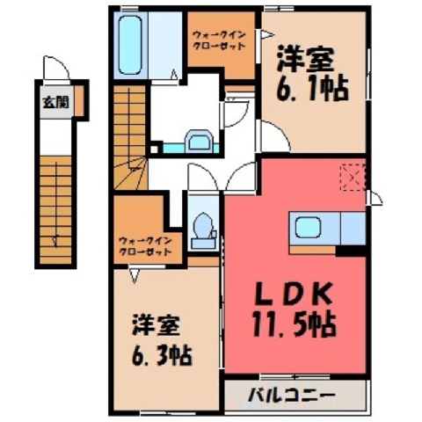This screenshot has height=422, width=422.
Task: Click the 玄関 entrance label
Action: click(56, 103)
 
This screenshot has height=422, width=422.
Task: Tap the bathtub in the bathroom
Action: click(129, 45)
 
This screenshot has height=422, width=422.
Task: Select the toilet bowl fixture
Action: click(203, 227)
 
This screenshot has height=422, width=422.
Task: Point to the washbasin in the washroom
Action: click(200, 141)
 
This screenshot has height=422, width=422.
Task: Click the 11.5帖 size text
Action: click(294, 324)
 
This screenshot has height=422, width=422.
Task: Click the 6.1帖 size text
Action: click(312, 89)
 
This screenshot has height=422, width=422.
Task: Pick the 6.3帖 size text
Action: click(162, 355)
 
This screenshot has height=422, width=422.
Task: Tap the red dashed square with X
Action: click(353, 178)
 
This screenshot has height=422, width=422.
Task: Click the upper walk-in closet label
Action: click(219, 41)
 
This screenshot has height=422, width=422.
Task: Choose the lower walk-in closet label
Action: click(145, 246)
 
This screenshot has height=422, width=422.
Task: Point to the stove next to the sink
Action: click(353, 229)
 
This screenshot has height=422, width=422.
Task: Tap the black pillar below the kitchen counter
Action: click(351, 251)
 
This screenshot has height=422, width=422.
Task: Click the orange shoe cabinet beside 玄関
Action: click(78, 100)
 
